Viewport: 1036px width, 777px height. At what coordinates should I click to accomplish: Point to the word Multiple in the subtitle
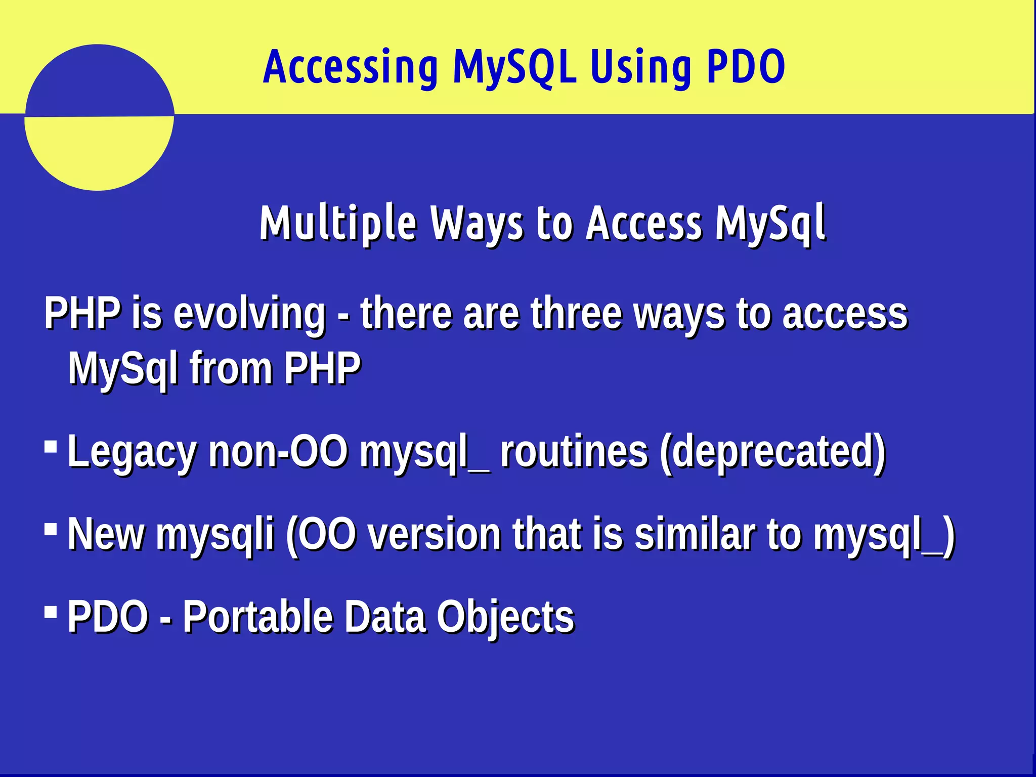338,224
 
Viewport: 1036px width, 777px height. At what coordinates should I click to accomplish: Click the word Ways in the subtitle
477,224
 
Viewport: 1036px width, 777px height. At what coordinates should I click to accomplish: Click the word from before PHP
231,368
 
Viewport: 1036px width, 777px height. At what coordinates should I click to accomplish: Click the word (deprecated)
772,452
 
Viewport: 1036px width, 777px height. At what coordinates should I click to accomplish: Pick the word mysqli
214,535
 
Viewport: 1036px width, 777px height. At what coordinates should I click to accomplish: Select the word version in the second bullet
434,534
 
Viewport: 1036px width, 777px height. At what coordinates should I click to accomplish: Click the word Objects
505,618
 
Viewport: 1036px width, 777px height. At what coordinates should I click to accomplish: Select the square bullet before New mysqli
51,530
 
